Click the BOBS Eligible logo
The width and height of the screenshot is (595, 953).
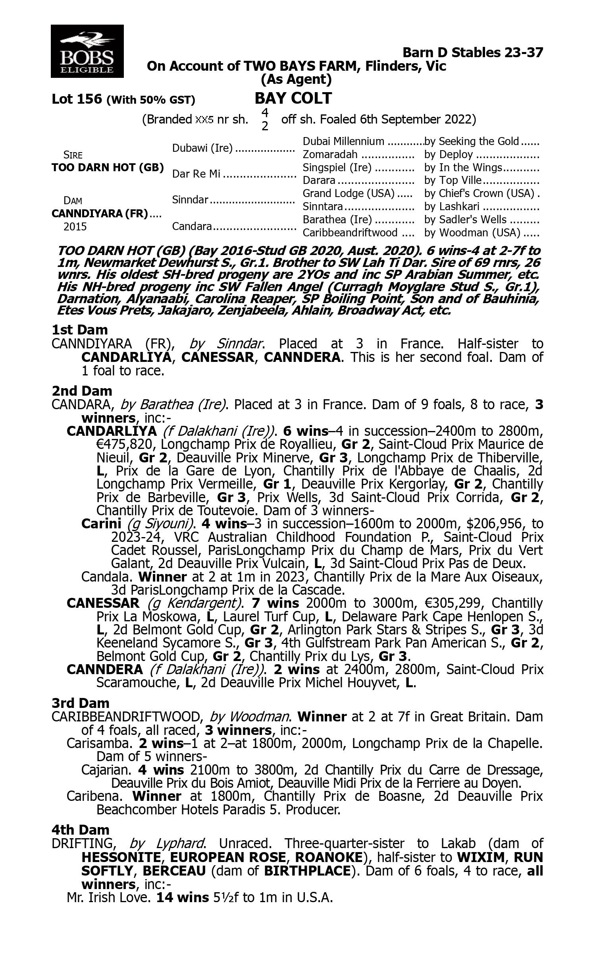click(x=87, y=51)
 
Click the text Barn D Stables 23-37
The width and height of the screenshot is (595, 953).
click(x=472, y=52)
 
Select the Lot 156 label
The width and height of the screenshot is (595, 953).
click(x=77, y=99)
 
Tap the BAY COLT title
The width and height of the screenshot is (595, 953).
click(x=293, y=98)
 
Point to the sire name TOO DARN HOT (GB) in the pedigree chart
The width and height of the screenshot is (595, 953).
click(x=108, y=168)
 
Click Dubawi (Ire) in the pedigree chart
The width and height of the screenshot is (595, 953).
click(x=202, y=148)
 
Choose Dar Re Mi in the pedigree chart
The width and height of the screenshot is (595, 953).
click(x=196, y=174)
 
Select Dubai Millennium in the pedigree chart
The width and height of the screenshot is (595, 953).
click(x=343, y=141)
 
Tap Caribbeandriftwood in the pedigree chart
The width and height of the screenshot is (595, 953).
click(x=350, y=232)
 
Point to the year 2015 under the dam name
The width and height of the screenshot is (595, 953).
click(x=75, y=227)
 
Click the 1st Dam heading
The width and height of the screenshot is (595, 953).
click(x=80, y=330)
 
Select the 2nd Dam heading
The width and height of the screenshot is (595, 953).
click(x=82, y=391)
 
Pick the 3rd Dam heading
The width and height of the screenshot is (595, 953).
click(x=81, y=703)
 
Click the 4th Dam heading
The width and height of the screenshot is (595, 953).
click(x=80, y=830)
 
